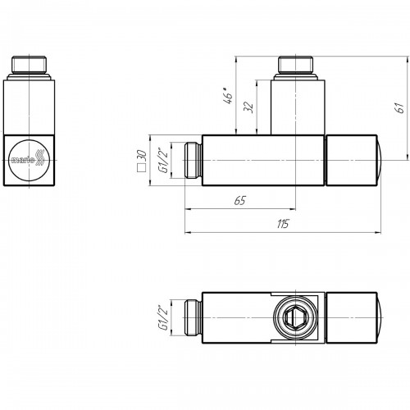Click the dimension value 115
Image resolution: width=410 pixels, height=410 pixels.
pyautogui.click(x=283, y=224)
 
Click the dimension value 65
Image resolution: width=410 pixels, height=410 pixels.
pyautogui.click(x=240, y=200)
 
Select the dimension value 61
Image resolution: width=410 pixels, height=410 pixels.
pyautogui.click(x=400, y=107)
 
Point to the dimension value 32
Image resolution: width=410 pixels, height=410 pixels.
pyautogui.click(x=248, y=107)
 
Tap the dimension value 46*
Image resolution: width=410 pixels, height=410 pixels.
pyautogui.click(x=229, y=96)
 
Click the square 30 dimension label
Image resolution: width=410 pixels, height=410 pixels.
pyautogui.click(x=142, y=161)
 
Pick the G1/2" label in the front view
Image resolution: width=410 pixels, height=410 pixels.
pyautogui.click(x=164, y=160)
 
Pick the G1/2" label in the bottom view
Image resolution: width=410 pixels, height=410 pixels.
pyautogui.click(x=164, y=317)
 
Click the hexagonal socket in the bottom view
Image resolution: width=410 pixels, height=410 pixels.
pyautogui.click(x=296, y=317)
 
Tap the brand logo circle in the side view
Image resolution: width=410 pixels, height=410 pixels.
pyautogui.click(x=29, y=160)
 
